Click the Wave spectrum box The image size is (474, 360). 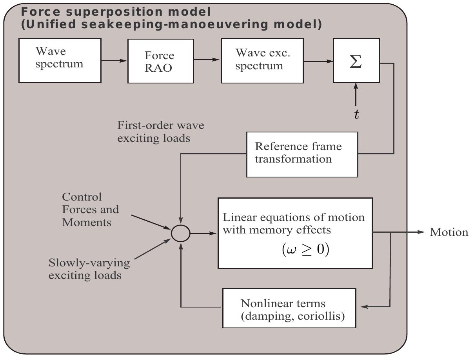point(60,60)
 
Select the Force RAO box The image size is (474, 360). point(160,61)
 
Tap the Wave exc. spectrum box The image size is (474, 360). point(262,60)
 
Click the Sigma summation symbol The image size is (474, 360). point(356,62)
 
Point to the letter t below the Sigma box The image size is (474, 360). point(356,114)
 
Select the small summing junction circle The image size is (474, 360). point(180,233)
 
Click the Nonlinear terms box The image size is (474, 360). point(289,308)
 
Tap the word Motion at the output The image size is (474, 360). point(449,232)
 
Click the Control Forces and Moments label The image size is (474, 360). point(90,210)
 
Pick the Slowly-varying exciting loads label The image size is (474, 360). point(89,269)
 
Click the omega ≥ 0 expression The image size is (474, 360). point(305,250)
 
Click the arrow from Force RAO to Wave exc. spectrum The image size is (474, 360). point(207,60)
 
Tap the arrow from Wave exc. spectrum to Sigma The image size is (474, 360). point(318,61)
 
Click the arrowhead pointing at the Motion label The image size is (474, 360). point(422,232)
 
